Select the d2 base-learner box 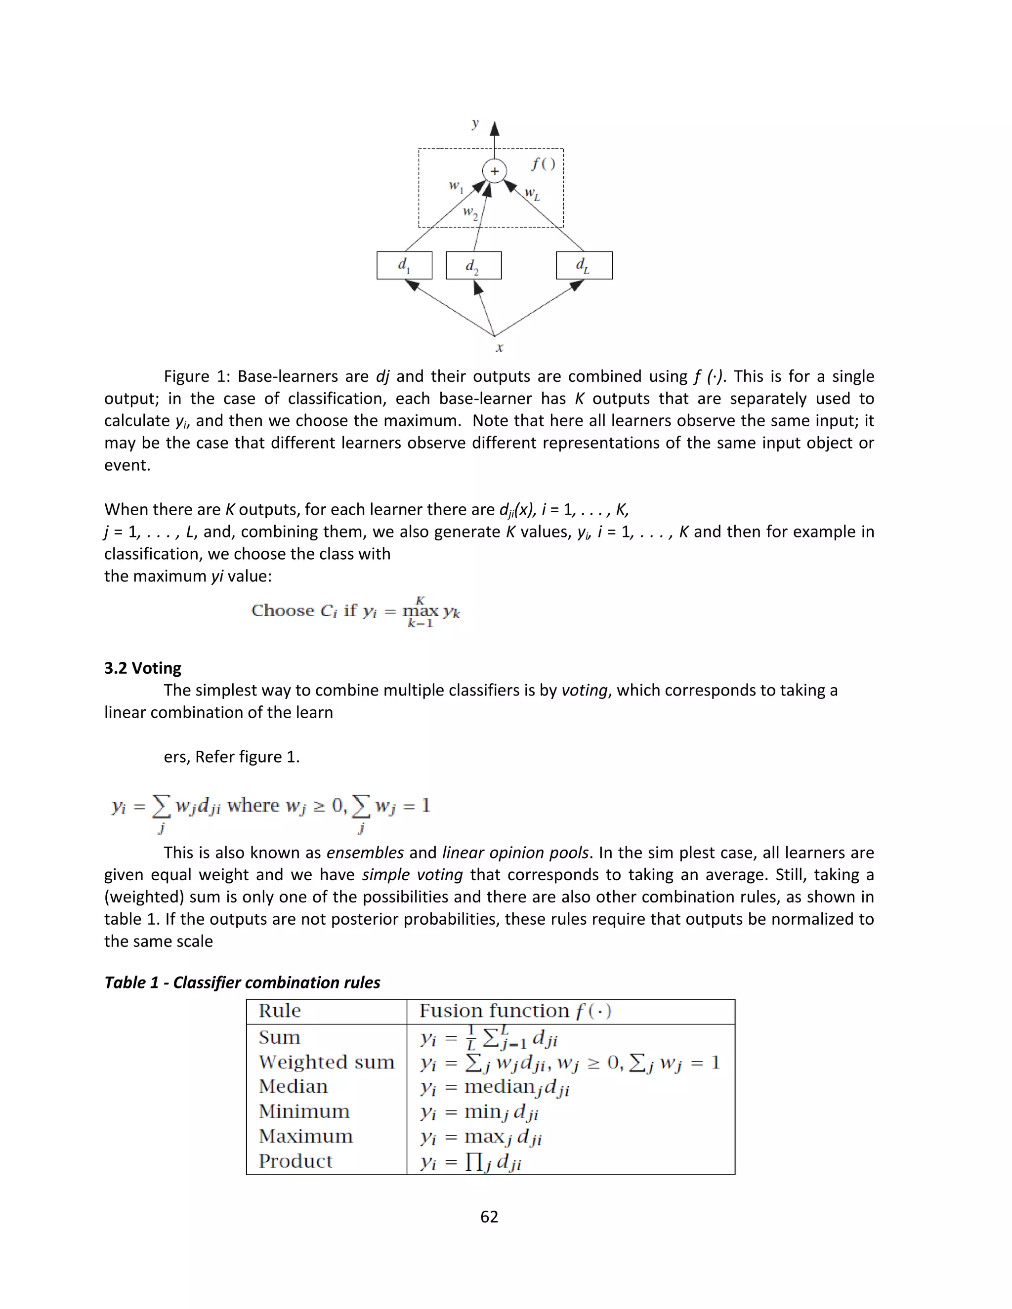pos(473,266)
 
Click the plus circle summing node pos(494,171)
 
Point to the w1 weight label pos(456,187)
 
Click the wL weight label pos(532,194)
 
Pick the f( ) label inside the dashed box pos(543,164)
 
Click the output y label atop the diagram pos(475,123)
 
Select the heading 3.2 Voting pos(143,668)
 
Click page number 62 pos(489,1216)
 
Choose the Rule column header pos(280,1011)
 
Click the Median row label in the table pos(293,1087)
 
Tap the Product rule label pos(295,1161)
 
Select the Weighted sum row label pos(327,1062)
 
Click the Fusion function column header pos(515,1011)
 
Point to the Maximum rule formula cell pos(481,1137)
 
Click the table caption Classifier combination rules pos(242,982)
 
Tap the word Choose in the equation pos(282,611)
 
